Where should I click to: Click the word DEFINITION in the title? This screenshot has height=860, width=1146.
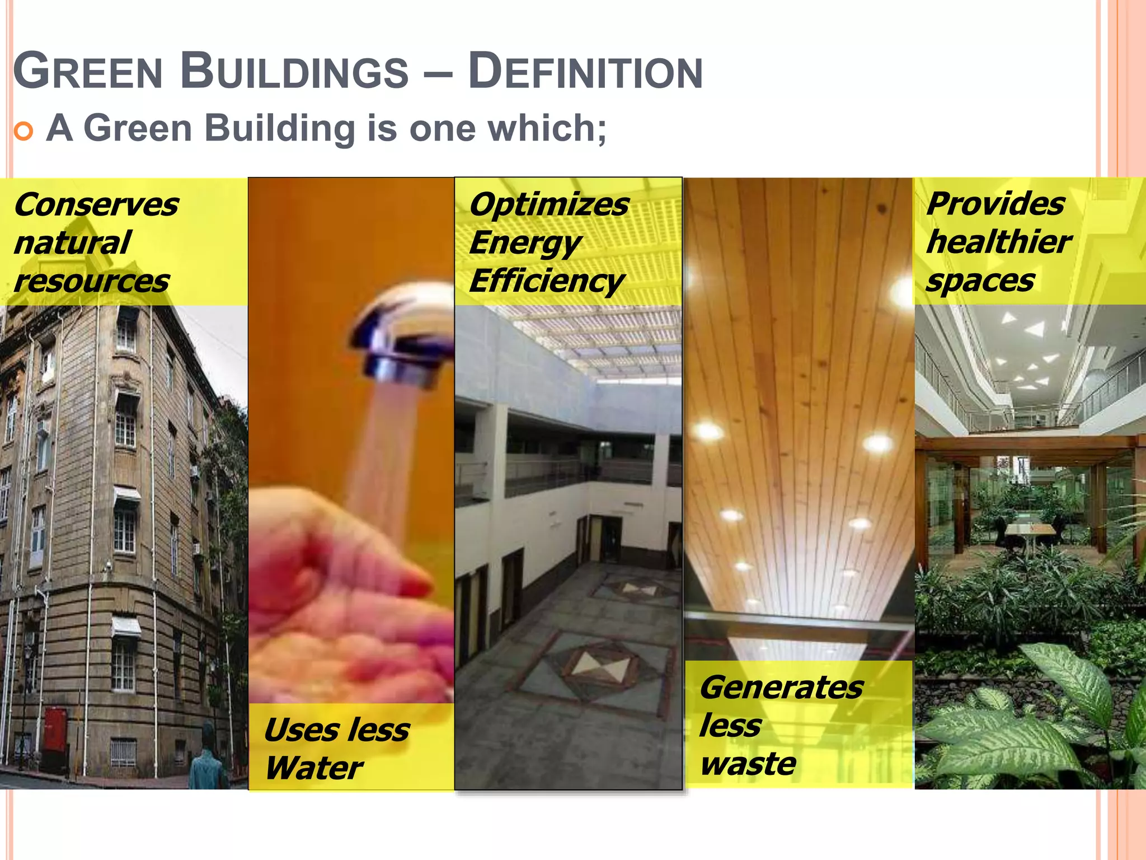point(585,72)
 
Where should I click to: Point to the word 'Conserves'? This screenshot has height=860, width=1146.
point(96,204)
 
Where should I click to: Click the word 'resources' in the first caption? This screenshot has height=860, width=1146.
point(92,281)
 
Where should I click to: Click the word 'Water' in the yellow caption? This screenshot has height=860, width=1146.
point(314,768)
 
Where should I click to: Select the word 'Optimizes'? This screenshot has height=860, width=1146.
point(549,204)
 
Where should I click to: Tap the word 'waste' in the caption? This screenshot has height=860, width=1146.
point(748,764)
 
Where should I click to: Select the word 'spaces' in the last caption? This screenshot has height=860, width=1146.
point(980,281)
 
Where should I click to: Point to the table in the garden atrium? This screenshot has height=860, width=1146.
point(1030,529)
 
